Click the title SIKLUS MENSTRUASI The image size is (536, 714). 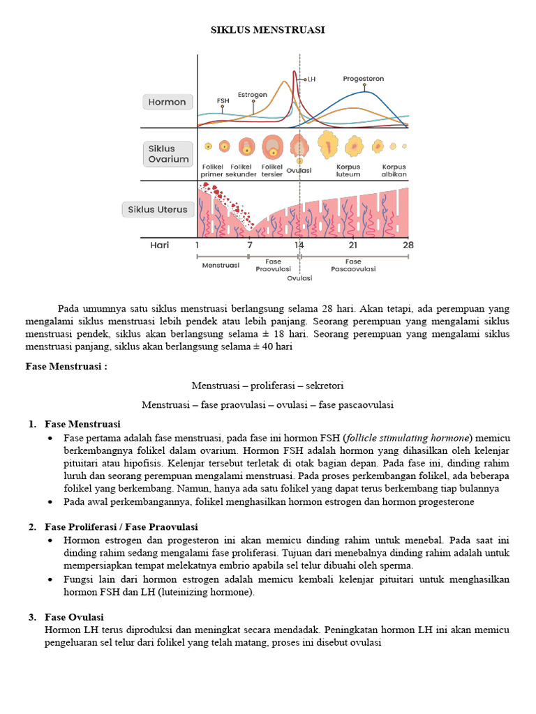tap(268, 31)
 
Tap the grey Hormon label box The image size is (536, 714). tap(167, 102)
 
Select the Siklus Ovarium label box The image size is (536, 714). tap(168, 153)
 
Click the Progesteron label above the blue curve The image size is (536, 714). tap(363, 79)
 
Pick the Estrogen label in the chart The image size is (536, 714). tap(253, 95)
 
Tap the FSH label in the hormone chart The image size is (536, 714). tap(223, 100)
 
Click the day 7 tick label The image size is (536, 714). tap(249, 245)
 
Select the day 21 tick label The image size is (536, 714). tap(353, 245)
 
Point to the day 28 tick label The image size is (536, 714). tap(408, 245)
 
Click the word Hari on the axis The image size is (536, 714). tap(160, 245)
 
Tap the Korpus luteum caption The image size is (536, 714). tap(348, 171)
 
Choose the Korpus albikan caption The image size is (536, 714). tap(394, 171)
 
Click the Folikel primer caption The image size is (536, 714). tap(212, 171)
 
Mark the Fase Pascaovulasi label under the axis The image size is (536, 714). tap(353, 265)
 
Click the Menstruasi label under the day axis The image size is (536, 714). tap(221, 265)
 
